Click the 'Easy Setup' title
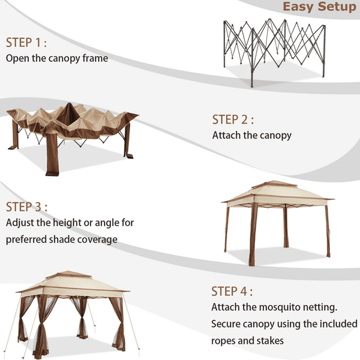click(319, 7)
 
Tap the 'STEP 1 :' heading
click(26, 43)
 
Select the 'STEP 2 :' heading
click(233, 119)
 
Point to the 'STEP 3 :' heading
click(26, 206)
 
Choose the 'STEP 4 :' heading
click(232, 292)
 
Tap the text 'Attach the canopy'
click(252, 136)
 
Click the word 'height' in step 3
click(67, 223)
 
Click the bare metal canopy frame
click(275, 52)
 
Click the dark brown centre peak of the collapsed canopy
click(68, 114)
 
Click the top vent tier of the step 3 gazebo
click(275, 185)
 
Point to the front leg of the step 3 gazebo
click(253, 234)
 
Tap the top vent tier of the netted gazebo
click(68, 275)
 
